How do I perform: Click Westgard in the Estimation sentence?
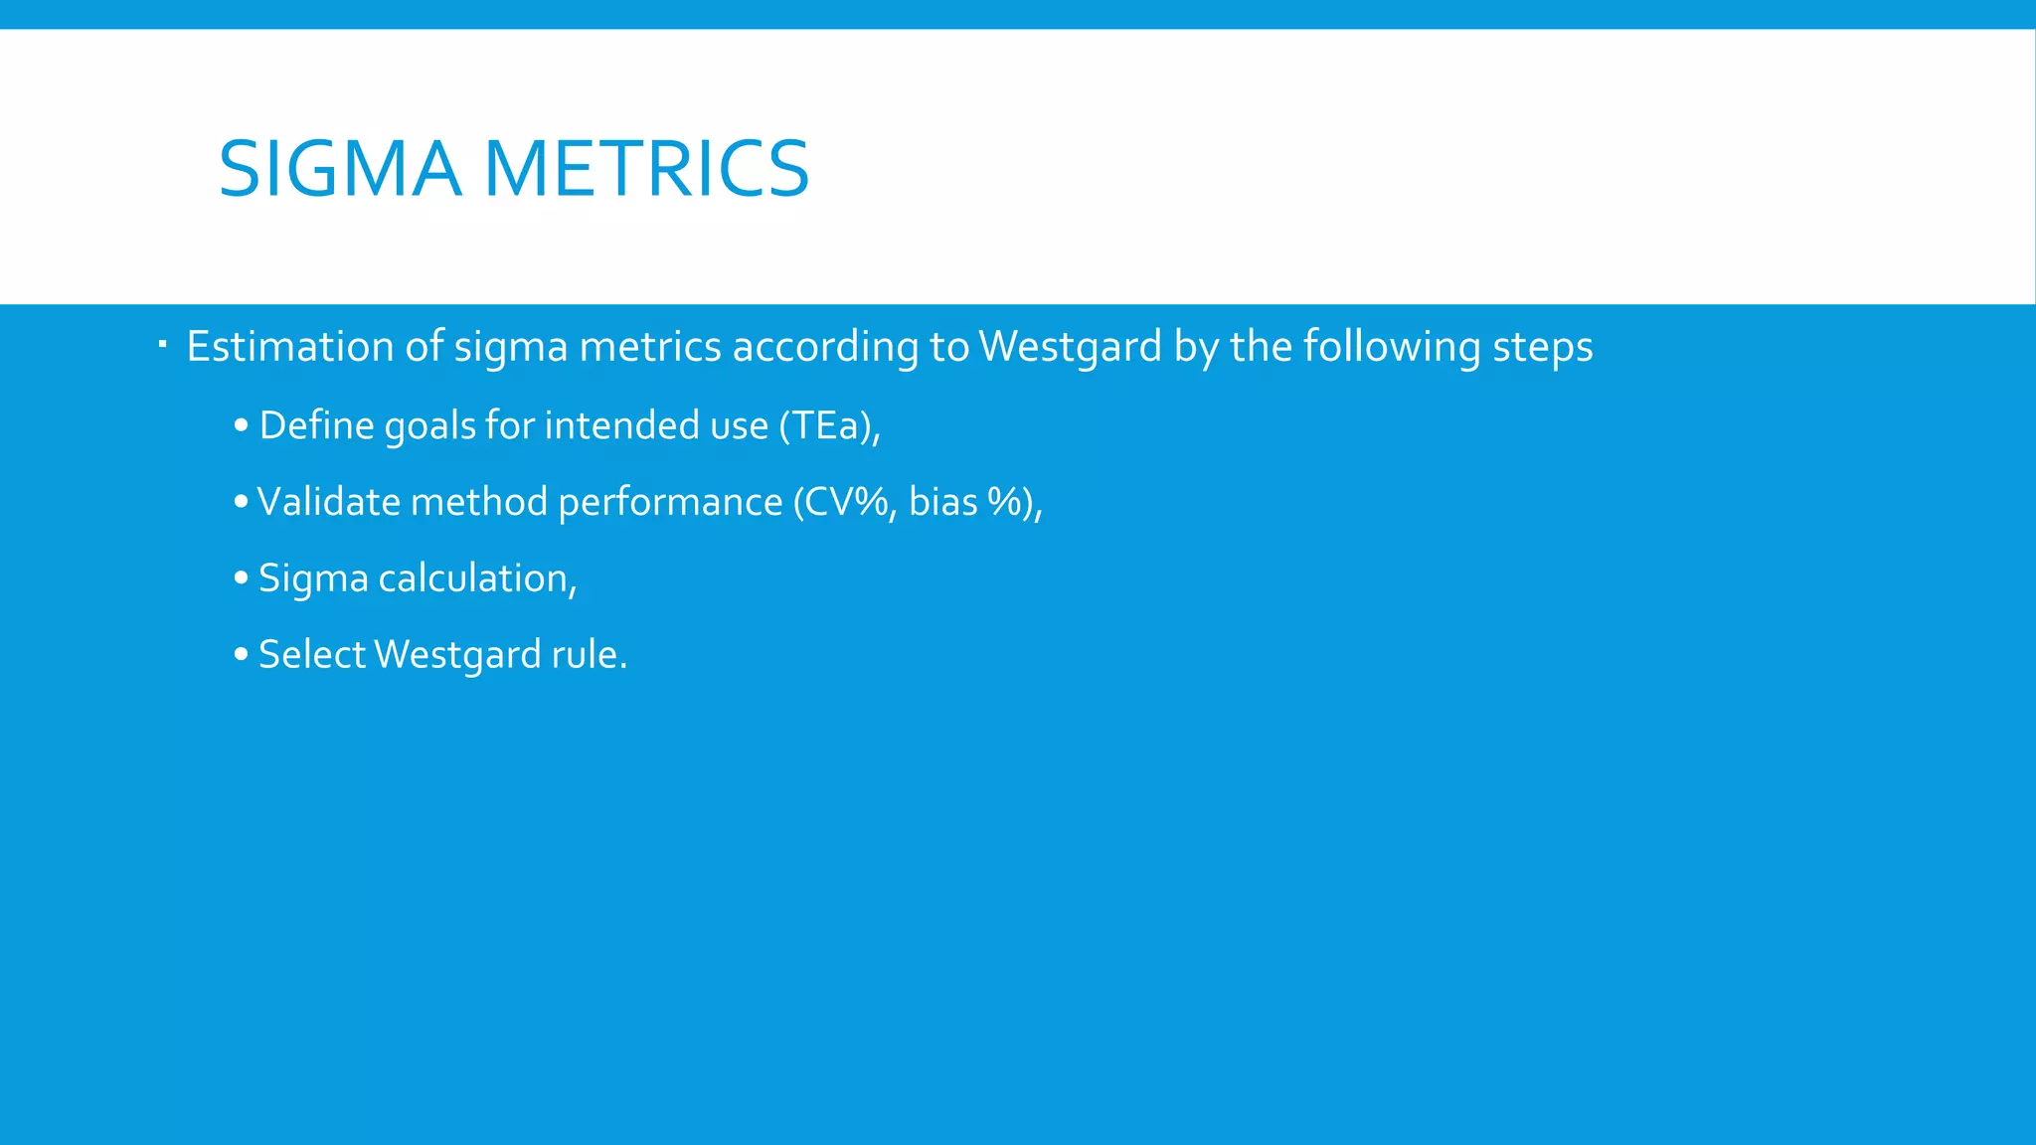[1070, 347]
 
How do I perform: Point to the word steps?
[1543, 347]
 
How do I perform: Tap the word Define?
[316, 425]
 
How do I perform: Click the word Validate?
[328, 502]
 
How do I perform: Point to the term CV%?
[845, 502]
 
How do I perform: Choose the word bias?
[942, 502]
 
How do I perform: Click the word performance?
[670, 502]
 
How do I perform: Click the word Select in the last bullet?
[312, 655]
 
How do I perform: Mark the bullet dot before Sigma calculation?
[241, 578]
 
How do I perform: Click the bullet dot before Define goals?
[241, 425]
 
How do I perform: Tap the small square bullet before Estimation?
[162, 345]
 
